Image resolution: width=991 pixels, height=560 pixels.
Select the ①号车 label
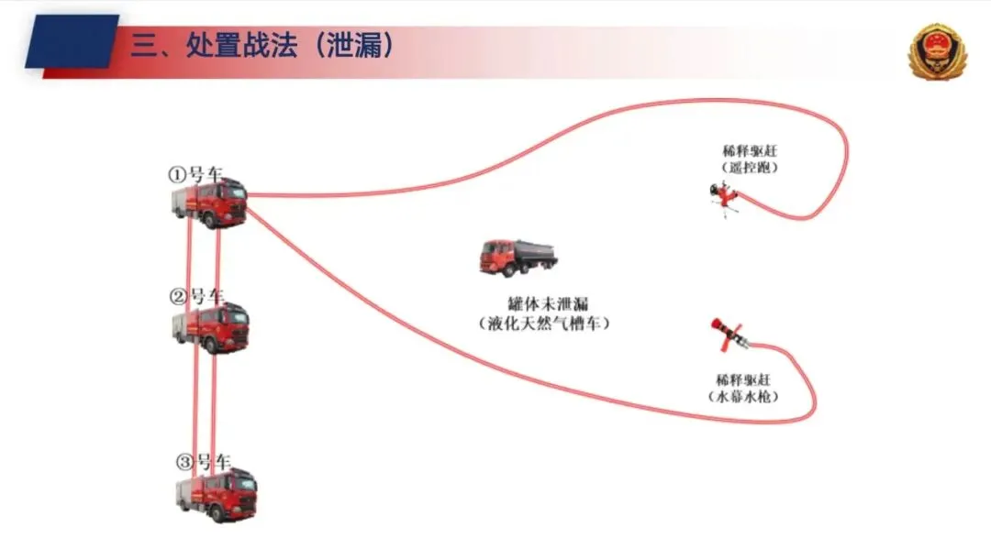[194, 174]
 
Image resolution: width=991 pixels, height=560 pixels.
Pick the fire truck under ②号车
[212, 327]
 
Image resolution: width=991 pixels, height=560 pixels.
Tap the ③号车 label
[203, 460]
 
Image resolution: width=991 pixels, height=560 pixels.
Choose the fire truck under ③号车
[217, 494]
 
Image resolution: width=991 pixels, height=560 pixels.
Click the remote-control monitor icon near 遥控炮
[725, 200]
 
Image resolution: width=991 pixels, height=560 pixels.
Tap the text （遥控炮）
[742, 168]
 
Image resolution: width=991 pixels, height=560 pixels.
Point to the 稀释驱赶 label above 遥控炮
[742, 150]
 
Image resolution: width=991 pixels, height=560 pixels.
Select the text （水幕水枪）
[742, 396]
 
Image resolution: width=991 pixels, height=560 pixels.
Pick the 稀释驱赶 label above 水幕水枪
[742, 379]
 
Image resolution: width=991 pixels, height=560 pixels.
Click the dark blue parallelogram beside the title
[72, 42]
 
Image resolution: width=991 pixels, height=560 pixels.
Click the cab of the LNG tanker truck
[495, 256]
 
